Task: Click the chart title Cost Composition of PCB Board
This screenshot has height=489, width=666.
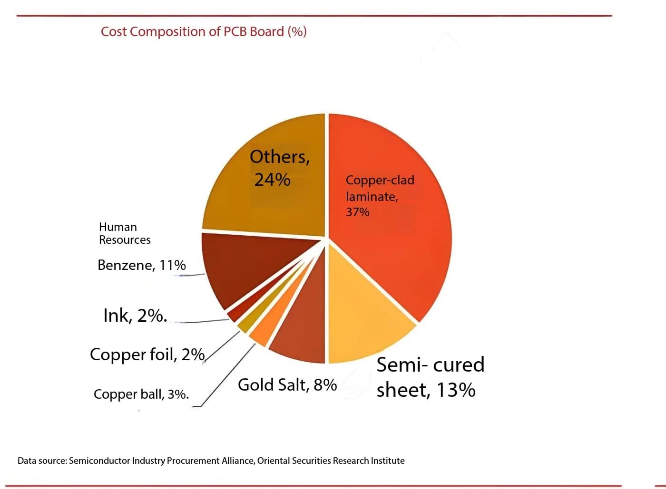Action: click(204, 32)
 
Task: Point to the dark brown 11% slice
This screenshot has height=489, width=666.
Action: click(238, 266)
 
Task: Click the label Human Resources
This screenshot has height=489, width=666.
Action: click(125, 233)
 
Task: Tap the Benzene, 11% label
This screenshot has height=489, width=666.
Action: click(141, 265)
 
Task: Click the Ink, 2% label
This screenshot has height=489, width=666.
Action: click(135, 316)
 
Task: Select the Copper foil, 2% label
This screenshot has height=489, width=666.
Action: click(147, 355)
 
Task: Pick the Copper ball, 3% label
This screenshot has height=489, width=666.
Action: click(141, 394)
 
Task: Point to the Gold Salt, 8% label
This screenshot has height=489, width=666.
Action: click(287, 385)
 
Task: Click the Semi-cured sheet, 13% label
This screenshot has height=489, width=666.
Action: click(430, 377)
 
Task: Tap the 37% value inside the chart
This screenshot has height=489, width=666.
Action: click(357, 212)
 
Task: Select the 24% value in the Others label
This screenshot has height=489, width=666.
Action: click(272, 180)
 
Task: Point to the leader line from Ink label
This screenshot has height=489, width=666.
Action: click(200, 322)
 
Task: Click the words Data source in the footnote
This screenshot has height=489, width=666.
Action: click(41, 461)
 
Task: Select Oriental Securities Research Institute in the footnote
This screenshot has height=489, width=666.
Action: click(331, 461)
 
